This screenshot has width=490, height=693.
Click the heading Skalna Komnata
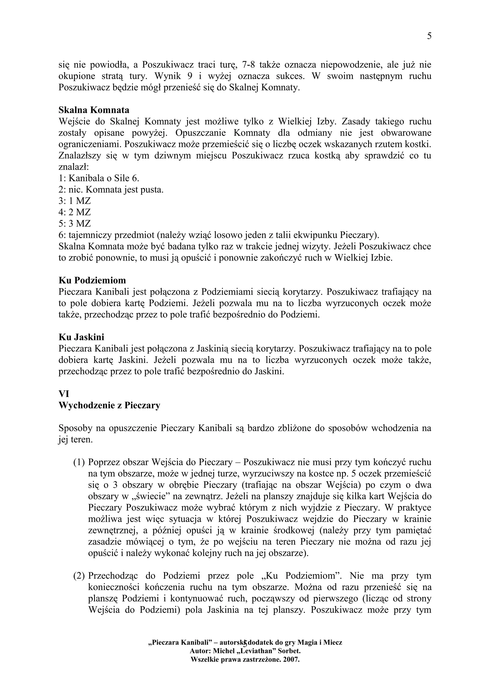(94, 110)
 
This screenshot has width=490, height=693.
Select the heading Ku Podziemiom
(92, 280)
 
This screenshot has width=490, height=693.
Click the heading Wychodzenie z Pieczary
(109, 405)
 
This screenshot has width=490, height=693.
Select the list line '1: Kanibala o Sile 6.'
(99, 178)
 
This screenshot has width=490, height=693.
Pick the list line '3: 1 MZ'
(75, 201)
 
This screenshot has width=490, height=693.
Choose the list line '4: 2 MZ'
(75, 212)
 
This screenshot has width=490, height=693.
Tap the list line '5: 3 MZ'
(75, 224)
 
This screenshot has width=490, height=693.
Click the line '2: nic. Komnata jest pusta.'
(111, 190)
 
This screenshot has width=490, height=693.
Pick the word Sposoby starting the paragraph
(74, 428)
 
